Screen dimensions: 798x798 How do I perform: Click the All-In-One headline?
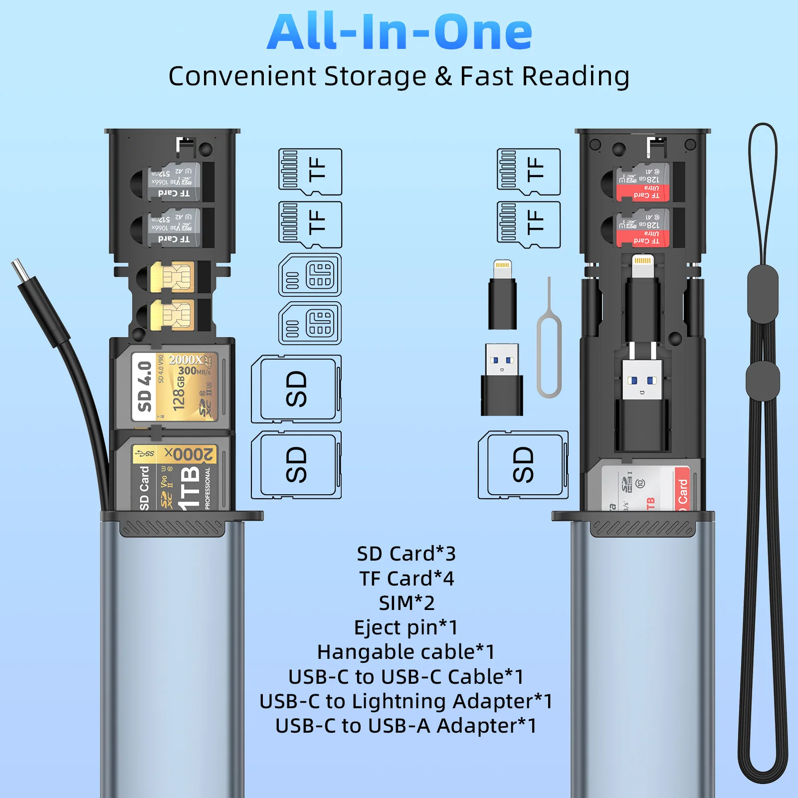[399, 32]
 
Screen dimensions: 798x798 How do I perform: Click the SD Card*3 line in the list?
[406, 554]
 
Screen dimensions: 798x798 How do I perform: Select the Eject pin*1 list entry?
[406, 627]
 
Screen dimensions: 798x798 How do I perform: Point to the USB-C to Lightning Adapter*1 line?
[406, 701]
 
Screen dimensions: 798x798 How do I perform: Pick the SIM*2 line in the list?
[406, 603]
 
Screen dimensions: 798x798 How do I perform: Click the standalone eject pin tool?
[549, 344]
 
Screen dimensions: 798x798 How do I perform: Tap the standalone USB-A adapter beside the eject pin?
[502, 379]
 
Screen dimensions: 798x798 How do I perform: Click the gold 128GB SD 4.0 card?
[175, 386]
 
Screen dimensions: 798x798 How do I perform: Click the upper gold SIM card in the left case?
[172, 277]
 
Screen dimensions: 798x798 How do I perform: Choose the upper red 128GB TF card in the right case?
[643, 182]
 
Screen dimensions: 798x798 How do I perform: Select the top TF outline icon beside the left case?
[310, 172]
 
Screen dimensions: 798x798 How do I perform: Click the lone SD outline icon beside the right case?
[523, 465]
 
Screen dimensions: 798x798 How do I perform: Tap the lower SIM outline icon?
[310, 323]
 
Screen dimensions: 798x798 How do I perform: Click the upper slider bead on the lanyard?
[763, 294]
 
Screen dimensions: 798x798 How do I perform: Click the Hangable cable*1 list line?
[406, 652]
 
